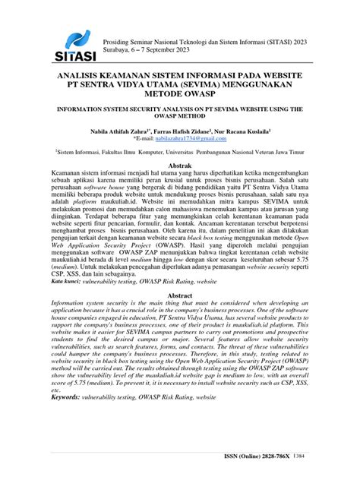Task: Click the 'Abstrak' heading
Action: click(180, 165)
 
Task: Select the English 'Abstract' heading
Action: click(180, 295)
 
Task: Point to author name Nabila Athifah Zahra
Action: click(121, 131)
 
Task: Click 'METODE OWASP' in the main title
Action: click(180, 96)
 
